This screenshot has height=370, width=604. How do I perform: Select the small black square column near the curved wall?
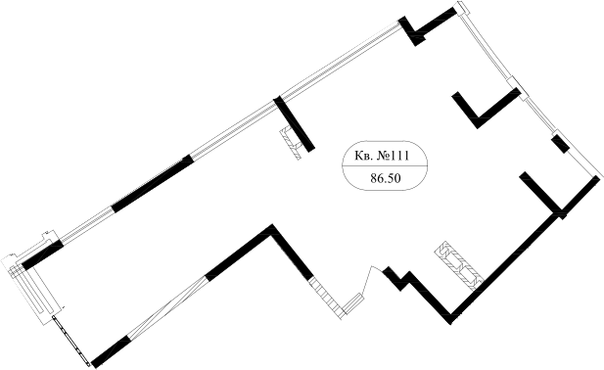[x=559, y=145]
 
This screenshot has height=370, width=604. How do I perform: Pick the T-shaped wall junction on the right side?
[x=546, y=196]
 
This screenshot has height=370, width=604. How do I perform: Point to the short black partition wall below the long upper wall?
[x=295, y=123]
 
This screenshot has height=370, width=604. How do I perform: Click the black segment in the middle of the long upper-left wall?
[x=153, y=183]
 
